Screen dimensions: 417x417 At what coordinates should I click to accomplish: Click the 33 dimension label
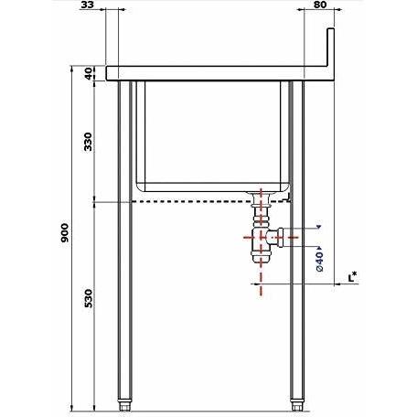pos(87,5)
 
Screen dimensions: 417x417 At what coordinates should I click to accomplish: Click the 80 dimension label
pos(319,5)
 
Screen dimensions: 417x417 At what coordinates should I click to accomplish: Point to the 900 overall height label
pos(65,233)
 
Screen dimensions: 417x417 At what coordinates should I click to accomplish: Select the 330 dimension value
pos(88,142)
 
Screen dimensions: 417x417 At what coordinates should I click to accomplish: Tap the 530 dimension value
pos(88,298)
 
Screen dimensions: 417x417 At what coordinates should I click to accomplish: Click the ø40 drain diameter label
pos(319,262)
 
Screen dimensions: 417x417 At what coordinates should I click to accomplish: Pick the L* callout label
pos(352,277)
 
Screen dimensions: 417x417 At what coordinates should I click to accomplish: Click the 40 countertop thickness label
pos(89,73)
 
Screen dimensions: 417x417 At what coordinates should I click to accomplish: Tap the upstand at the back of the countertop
pos(331,48)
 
